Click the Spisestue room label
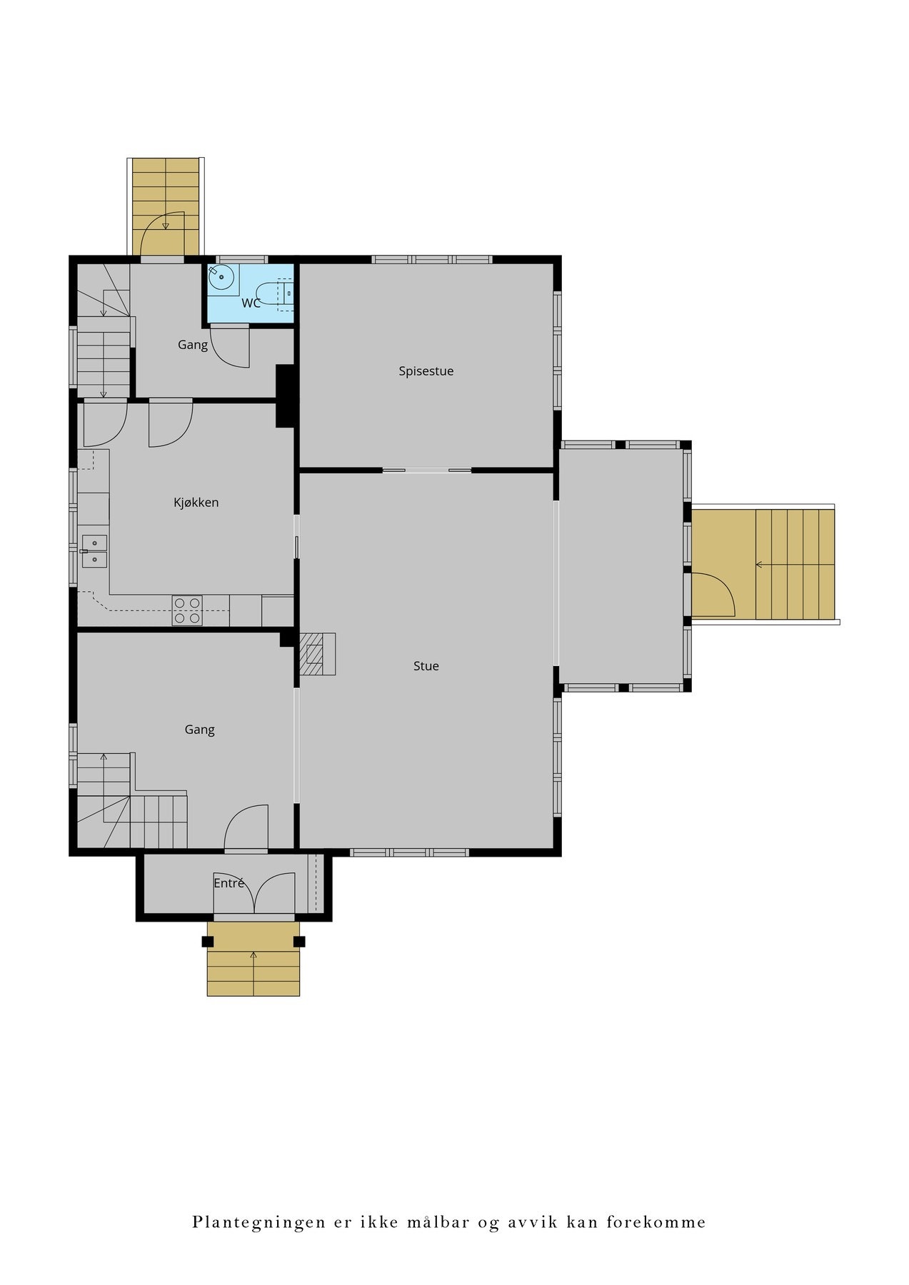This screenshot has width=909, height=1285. pyautogui.click(x=426, y=371)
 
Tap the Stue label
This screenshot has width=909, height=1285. pyautogui.click(x=426, y=666)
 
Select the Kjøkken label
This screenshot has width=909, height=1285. pyautogui.click(x=196, y=503)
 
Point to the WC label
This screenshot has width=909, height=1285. pyautogui.click(x=251, y=303)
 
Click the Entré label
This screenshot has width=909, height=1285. pyautogui.click(x=229, y=883)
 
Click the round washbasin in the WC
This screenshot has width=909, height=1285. pyautogui.click(x=222, y=277)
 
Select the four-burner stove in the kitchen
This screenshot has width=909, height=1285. pyautogui.click(x=187, y=611)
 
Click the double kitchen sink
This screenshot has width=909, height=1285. pyautogui.click(x=94, y=551)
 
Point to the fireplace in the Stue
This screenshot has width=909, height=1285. pyautogui.click(x=317, y=653)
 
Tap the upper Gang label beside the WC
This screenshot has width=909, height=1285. pyautogui.click(x=193, y=345)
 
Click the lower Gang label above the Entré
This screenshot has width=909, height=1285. pyautogui.click(x=199, y=730)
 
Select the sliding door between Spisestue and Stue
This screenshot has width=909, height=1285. pyautogui.click(x=426, y=470)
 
